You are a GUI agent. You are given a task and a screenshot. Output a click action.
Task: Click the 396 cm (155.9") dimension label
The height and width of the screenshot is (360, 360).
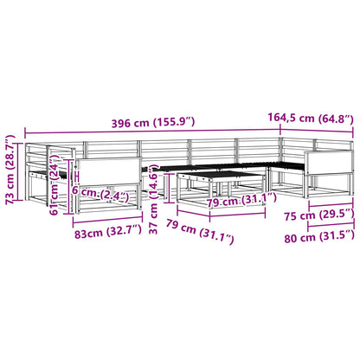tap(153, 123)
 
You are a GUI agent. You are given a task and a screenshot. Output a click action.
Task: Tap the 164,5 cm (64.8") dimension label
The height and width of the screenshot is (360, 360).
tap(311, 118)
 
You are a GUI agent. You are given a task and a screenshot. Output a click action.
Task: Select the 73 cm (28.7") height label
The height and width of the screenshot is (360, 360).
tap(11, 170)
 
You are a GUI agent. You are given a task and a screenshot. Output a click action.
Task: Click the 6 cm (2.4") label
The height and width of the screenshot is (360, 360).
tap(100, 194)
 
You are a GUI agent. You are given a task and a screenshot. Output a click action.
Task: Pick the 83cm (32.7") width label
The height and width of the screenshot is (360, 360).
tap(108, 232)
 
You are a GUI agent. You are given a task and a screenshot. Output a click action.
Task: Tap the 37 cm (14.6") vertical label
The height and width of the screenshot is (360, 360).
tap(153, 199)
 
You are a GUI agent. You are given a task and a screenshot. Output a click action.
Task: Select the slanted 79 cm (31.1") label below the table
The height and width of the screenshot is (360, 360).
tap(200, 231)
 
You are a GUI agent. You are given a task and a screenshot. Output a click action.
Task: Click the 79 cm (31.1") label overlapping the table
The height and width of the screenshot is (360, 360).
tap(242, 201)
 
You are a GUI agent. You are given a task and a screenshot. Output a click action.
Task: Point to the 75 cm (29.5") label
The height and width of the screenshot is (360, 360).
tap(319, 215)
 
